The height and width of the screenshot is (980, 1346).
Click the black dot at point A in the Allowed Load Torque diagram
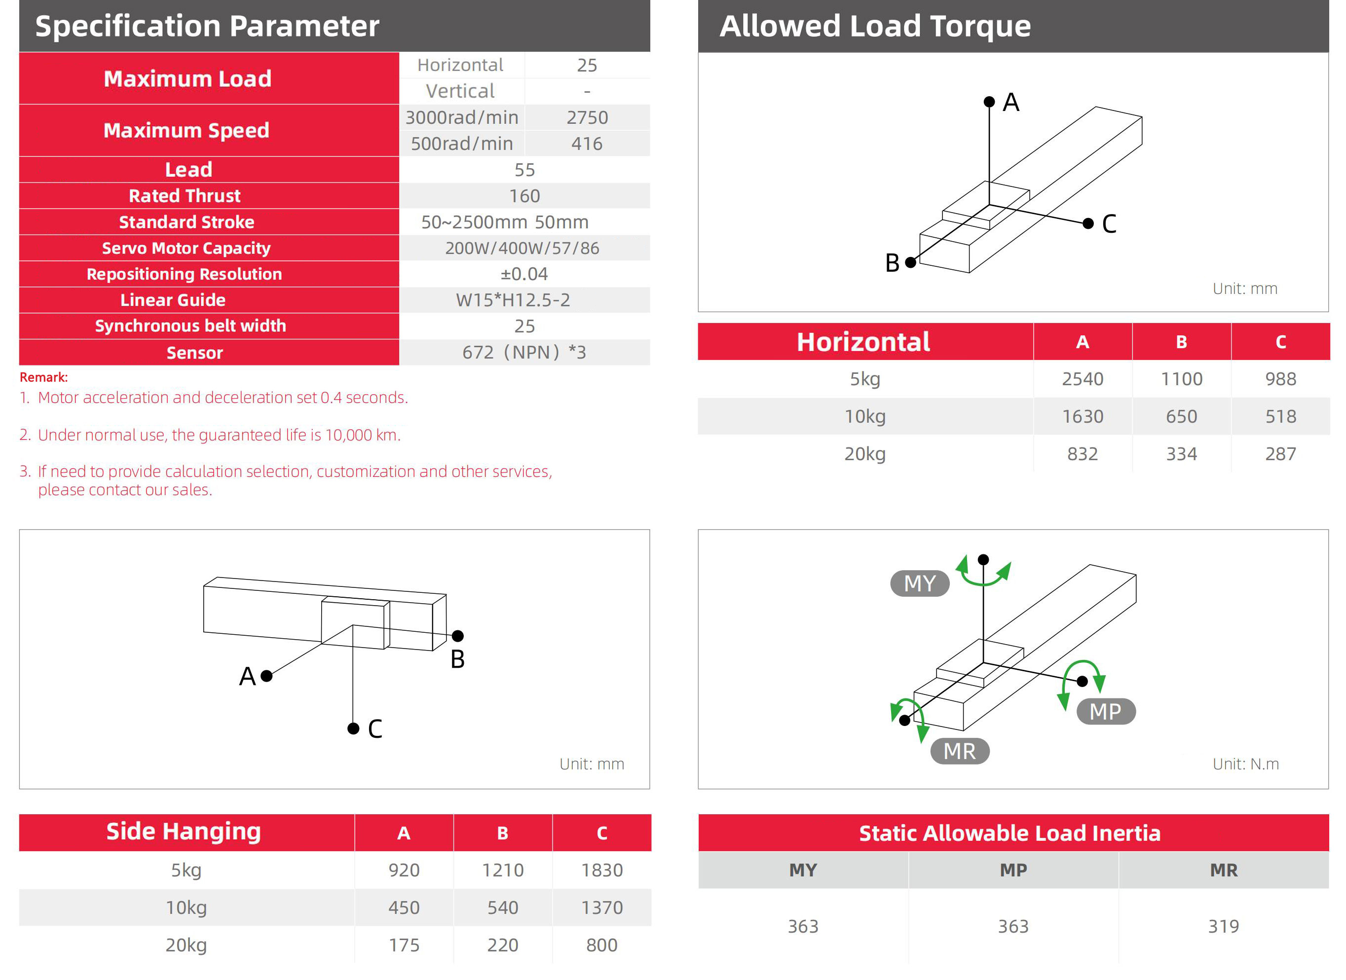click(x=989, y=102)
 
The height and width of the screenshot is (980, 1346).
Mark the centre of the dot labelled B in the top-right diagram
click(x=910, y=262)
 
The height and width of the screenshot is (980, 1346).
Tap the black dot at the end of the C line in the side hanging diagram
click(x=353, y=728)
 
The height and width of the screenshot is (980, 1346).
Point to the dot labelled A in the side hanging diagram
click(x=266, y=676)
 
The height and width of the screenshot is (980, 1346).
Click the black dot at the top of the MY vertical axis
click(x=983, y=559)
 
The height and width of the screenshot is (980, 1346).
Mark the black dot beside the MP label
click(x=1083, y=681)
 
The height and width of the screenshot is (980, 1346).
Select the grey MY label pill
click(x=920, y=583)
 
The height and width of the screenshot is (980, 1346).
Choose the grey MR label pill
click(x=960, y=751)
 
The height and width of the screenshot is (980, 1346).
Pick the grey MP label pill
click(x=1106, y=711)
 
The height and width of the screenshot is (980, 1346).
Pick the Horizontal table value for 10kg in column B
click(x=1181, y=416)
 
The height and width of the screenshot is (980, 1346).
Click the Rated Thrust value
click(x=524, y=196)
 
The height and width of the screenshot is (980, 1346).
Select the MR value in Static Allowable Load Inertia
click(x=1223, y=926)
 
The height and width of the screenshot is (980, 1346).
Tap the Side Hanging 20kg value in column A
click(x=404, y=945)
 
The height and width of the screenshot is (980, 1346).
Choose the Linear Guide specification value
click(x=513, y=300)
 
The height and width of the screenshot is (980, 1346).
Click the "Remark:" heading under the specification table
click(x=44, y=377)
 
